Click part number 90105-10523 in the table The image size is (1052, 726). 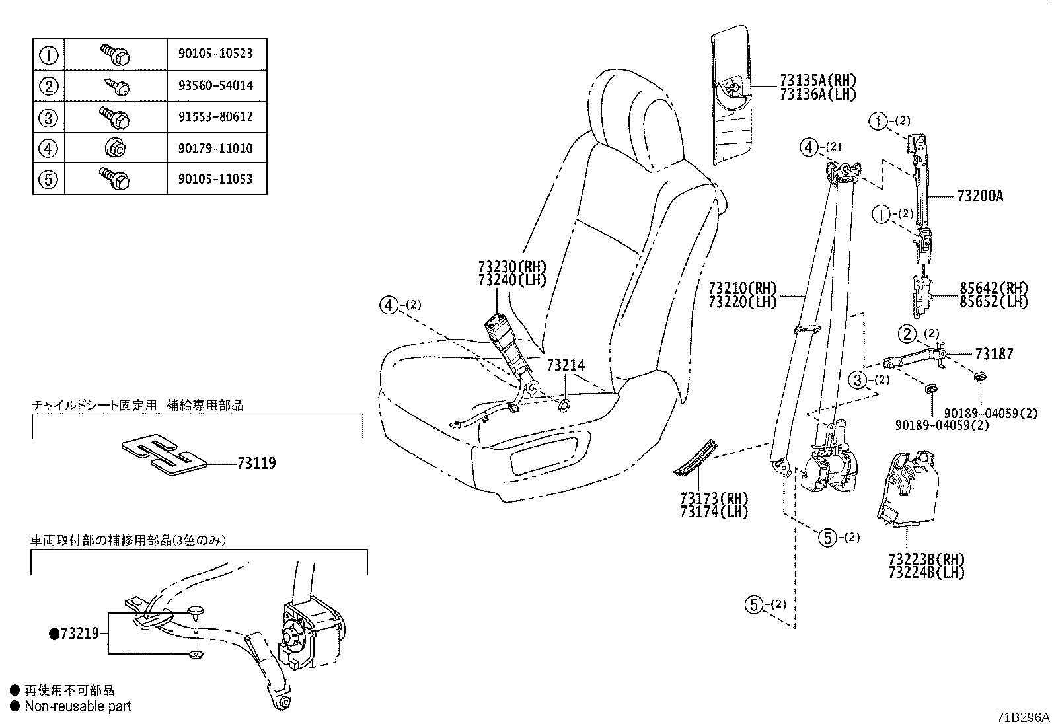[215, 54]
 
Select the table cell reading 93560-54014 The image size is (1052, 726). [215, 85]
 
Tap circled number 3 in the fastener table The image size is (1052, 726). [49, 118]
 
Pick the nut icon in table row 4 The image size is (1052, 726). [115, 148]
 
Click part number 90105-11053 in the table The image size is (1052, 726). [215, 179]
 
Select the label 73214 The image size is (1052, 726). [565, 365]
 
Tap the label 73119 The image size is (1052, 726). [256, 464]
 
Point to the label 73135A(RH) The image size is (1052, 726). [817, 81]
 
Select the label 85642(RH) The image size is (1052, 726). [994, 289]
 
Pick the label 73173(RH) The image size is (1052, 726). [714, 498]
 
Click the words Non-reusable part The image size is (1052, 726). [77, 706]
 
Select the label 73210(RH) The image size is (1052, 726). [742, 289]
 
